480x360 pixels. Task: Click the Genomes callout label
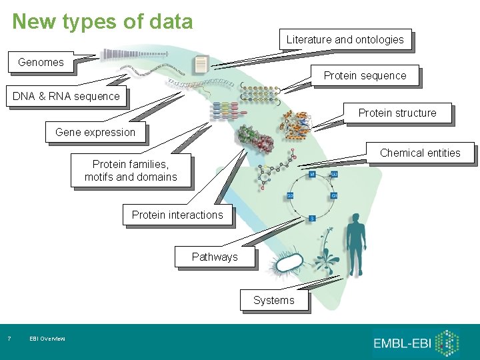pyautogui.click(x=41, y=63)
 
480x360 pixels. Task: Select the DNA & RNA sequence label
pyautogui.click(x=66, y=96)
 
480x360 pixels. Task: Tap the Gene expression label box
pyautogui.click(x=95, y=132)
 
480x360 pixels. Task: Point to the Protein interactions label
pyautogui.click(x=177, y=215)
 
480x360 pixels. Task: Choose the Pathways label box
pyautogui.click(x=215, y=257)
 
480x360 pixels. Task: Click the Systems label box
pyautogui.click(x=273, y=300)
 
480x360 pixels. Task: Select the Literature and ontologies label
pyautogui.click(x=345, y=39)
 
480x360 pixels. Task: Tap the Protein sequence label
pyautogui.click(x=365, y=75)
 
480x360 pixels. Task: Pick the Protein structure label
pyautogui.click(x=397, y=113)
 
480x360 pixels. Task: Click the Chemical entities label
pyautogui.click(x=420, y=153)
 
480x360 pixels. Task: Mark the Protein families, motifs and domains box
pyautogui.click(x=131, y=171)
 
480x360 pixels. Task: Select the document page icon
pyautogui.click(x=201, y=65)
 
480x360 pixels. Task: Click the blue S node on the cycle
pyautogui.click(x=312, y=219)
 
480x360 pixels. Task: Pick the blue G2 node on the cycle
pyautogui.click(x=291, y=195)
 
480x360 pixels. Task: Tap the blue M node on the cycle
pyautogui.click(x=311, y=174)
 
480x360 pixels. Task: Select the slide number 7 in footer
pyautogui.click(x=9, y=339)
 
